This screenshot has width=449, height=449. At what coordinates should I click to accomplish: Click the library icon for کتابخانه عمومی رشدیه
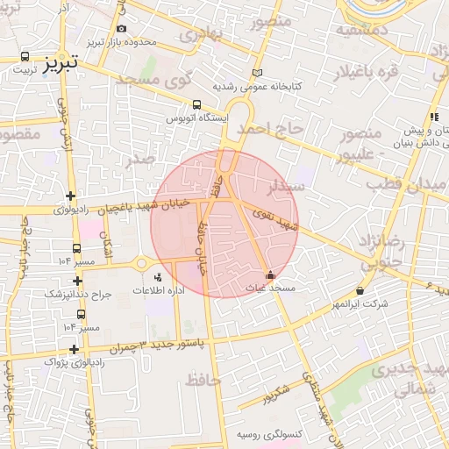point(256,73)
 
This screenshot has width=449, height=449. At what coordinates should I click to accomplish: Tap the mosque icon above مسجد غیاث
point(269,275)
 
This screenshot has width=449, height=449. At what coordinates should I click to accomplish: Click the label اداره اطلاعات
point(157,290)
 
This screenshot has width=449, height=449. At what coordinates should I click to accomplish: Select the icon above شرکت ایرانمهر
point(360,291)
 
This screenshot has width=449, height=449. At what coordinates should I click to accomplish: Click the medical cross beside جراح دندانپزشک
point(78,282)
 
